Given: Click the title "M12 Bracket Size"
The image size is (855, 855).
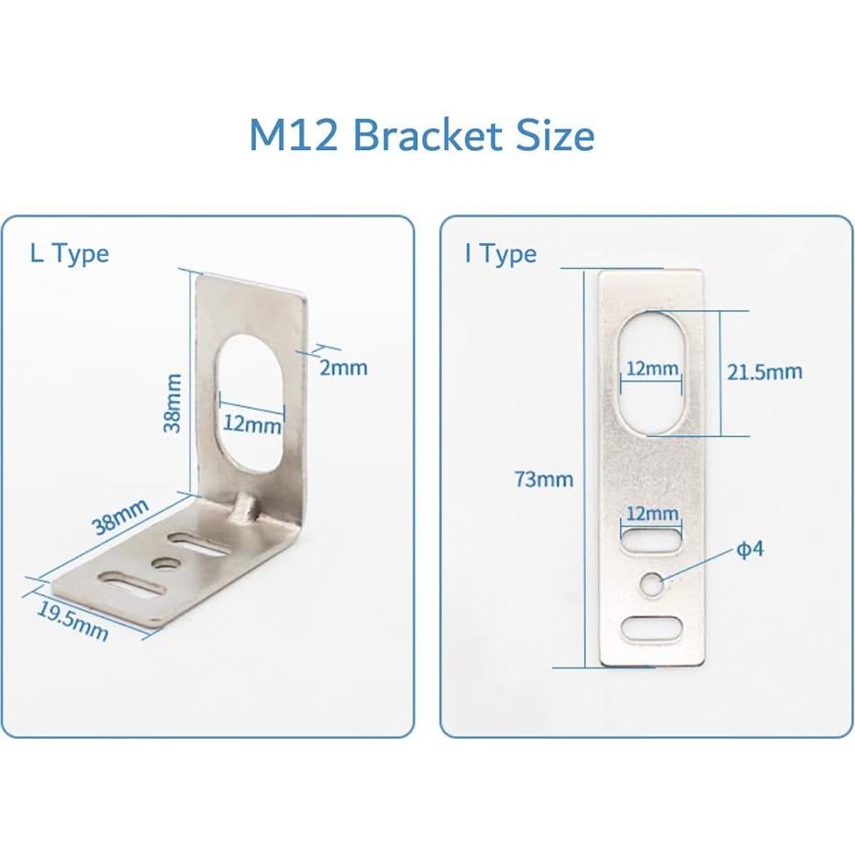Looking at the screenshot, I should coord(422,135).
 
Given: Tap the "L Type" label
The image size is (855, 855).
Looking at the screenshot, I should coord(69,253).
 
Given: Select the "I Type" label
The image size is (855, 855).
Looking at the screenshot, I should coord(500,254).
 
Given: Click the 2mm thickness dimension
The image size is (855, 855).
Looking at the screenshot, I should coord(344,367).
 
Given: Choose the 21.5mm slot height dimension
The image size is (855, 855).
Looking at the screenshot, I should coord(764,371).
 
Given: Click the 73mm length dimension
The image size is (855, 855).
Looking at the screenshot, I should coord(544,478).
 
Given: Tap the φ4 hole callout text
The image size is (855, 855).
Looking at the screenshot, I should coord(750,550).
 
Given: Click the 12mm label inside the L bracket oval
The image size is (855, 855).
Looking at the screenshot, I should coord(252,425).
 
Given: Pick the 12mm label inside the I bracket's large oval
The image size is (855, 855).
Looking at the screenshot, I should coord(651,368).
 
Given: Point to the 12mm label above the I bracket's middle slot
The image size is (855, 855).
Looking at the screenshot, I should coord(651,514).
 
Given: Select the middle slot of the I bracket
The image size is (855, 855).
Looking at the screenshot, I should coord(651,537).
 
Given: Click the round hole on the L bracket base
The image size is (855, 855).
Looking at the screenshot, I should coord(166,561).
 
